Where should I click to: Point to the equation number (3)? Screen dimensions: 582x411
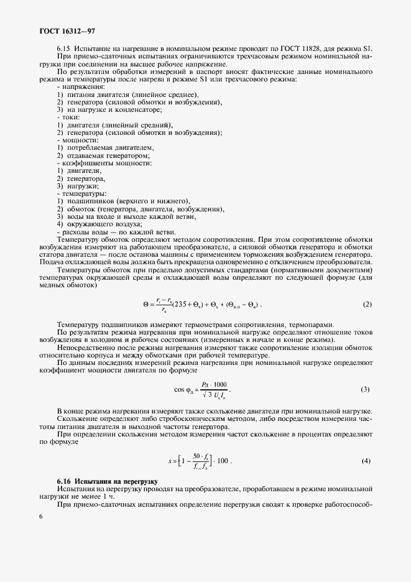pos(365,390)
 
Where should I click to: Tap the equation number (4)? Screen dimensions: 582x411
pos(366,461)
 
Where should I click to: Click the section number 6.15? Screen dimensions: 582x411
pos(63,48)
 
